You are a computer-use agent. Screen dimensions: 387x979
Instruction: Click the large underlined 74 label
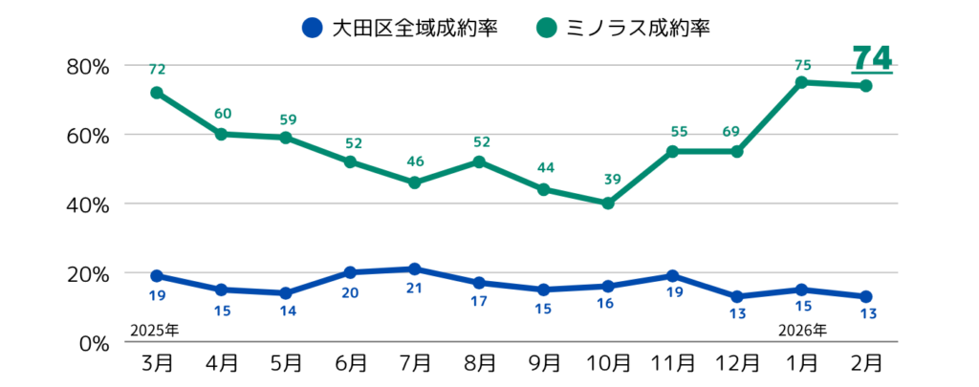pos(872,57)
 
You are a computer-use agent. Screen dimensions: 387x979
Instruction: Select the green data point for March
pos(157,93)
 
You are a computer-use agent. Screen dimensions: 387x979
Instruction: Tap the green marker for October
pos(608,203)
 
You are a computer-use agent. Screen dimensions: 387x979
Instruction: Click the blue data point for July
pos(415,269)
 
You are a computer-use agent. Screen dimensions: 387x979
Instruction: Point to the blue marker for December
pos(737,296)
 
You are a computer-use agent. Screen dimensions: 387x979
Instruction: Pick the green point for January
pos(801,82)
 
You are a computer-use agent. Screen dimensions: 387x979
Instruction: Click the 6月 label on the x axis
pos(350,363)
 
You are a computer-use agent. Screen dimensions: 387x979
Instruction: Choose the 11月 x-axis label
pos(672,363)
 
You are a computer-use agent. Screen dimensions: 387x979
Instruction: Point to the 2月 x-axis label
pos(866,363)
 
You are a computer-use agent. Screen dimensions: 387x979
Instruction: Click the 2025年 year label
pos(154,331)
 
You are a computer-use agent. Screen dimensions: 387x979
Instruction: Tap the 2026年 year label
pos(802,331)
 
